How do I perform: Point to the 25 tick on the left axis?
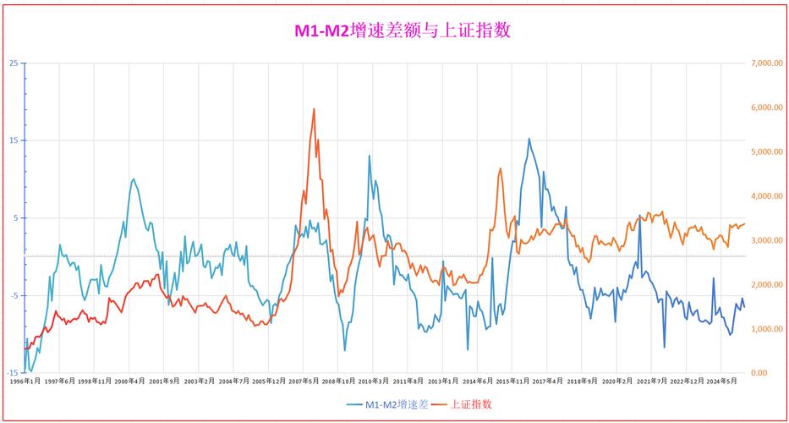(x=14, y=63)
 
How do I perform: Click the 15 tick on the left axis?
(x=14, y=140)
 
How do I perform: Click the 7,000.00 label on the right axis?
(x=767, y=63)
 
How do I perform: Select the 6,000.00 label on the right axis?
(x=767, y=107)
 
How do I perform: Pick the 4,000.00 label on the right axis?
(x=767, y=196)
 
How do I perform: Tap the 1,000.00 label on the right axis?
(x=767, y=329)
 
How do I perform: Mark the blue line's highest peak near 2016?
(x=529, y=139)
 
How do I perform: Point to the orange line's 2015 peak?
(x=500, y=168)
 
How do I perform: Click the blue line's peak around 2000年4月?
(x=134, y=179)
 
